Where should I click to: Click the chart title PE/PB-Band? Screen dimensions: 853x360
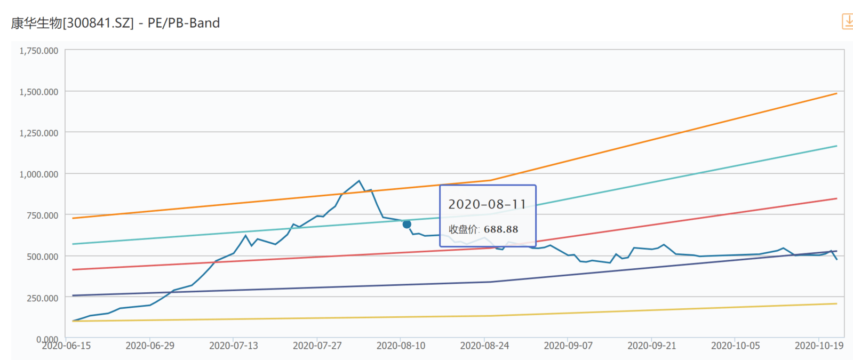pyautogui.click(x=184, y=23)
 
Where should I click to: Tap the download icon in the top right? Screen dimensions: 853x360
pyautogui.click(x=847, y=21)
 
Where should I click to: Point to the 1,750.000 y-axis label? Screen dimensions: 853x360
pyautogui.click(x=39, y=51)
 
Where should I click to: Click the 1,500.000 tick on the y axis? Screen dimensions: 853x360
pyautogui.click(x=39, y=92)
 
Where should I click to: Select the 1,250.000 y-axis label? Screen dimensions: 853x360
pyautogui.click(x=39, y=133)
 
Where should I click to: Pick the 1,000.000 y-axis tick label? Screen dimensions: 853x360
pyautogui.click(x=39, y=174)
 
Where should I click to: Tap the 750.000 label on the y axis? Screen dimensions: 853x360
pyautogui.click(x=43, y=215)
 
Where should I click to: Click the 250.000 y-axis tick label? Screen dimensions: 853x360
pyautogui.click(x=43, y=298)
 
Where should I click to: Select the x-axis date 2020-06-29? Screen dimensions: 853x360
pyautogui.click(x=150, y=346)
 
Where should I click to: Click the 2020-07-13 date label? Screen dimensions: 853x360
pyautogui.click(x=234, y=346)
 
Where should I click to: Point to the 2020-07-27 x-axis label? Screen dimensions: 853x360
pyautogui.click(x=317, y=346)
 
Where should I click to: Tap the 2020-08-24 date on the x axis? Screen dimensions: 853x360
pyautogui.click(x=484, y=346)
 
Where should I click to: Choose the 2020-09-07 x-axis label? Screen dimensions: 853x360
pyautogui.click(x=568, y=346)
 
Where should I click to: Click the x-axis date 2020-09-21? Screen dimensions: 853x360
pyautogui.click(x=651, y=346)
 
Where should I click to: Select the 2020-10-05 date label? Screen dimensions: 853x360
pyautogui.click(x=735, y=346)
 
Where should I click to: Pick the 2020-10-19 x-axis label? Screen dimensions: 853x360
pyautogui.click(x=819, y=346)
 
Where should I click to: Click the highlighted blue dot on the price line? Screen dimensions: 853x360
pyautogui.click(x=406, y=225)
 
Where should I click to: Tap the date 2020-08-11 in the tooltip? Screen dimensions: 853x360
pyautogui.click(x=487, y=204)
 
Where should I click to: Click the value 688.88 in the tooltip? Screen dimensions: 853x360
pyautogui.click(x=501, y=229)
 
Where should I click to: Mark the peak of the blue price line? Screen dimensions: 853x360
pyautogui.click(x=358, y=181)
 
